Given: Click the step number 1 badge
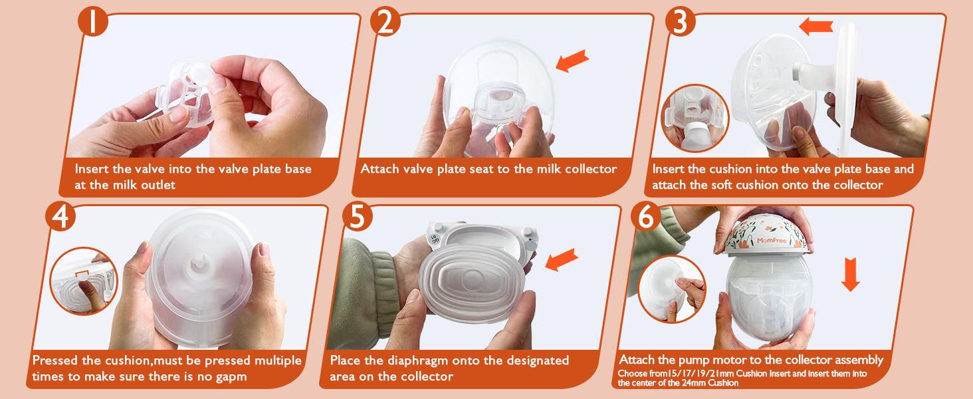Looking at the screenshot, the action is (x=93, y=21).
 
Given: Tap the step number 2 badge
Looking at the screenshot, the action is (x=385, y=21).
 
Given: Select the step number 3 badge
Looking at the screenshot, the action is (x=680, y=21).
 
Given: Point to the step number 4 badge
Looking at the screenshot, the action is (x=60, y=216).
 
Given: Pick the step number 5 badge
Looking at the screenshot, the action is (x=357, y=216).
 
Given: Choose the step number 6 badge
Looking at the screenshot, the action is (x=646, y=216).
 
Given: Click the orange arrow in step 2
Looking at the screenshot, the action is (x=572, y=61).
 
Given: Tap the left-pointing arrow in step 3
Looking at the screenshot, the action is (x=815, y=27).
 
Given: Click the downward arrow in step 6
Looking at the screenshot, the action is (x=850, y=274).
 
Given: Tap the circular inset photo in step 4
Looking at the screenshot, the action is (x=83, y=281).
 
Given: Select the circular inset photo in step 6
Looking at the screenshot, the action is (x=672, y=289).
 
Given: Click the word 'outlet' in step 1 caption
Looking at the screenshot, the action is (x=156, y=185).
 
